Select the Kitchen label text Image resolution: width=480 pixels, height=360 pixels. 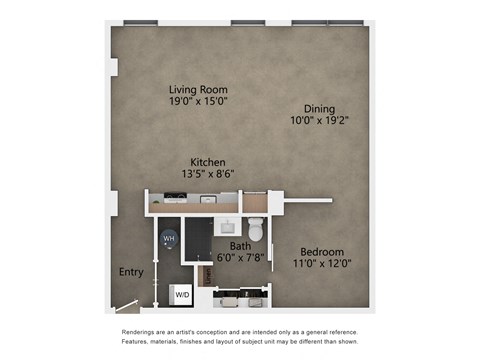coord(208,162)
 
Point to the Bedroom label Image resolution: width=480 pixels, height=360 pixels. coord(321,251)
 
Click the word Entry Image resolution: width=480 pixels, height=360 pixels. coord(131,271)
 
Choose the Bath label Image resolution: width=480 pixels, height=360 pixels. coord(240,245)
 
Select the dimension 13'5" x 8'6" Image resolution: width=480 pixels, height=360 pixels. coord(208,174)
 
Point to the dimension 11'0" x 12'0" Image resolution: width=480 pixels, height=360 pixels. coord(321,263)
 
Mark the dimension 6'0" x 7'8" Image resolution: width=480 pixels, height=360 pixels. coord(240,257)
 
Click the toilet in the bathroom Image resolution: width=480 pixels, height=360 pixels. coord(257,230)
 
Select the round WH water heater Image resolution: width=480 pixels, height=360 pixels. coord(169,238)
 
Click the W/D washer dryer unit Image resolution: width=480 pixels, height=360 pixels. coord(183,295)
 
